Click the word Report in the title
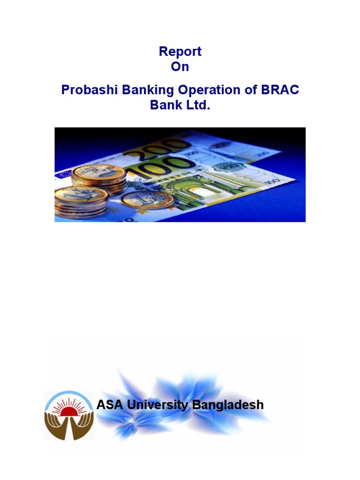tap(180, 51)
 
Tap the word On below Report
tap(180, 67)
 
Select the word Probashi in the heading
tap(90, 90)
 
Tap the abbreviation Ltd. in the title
tap(197, 105)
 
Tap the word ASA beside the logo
tap(109, 405)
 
